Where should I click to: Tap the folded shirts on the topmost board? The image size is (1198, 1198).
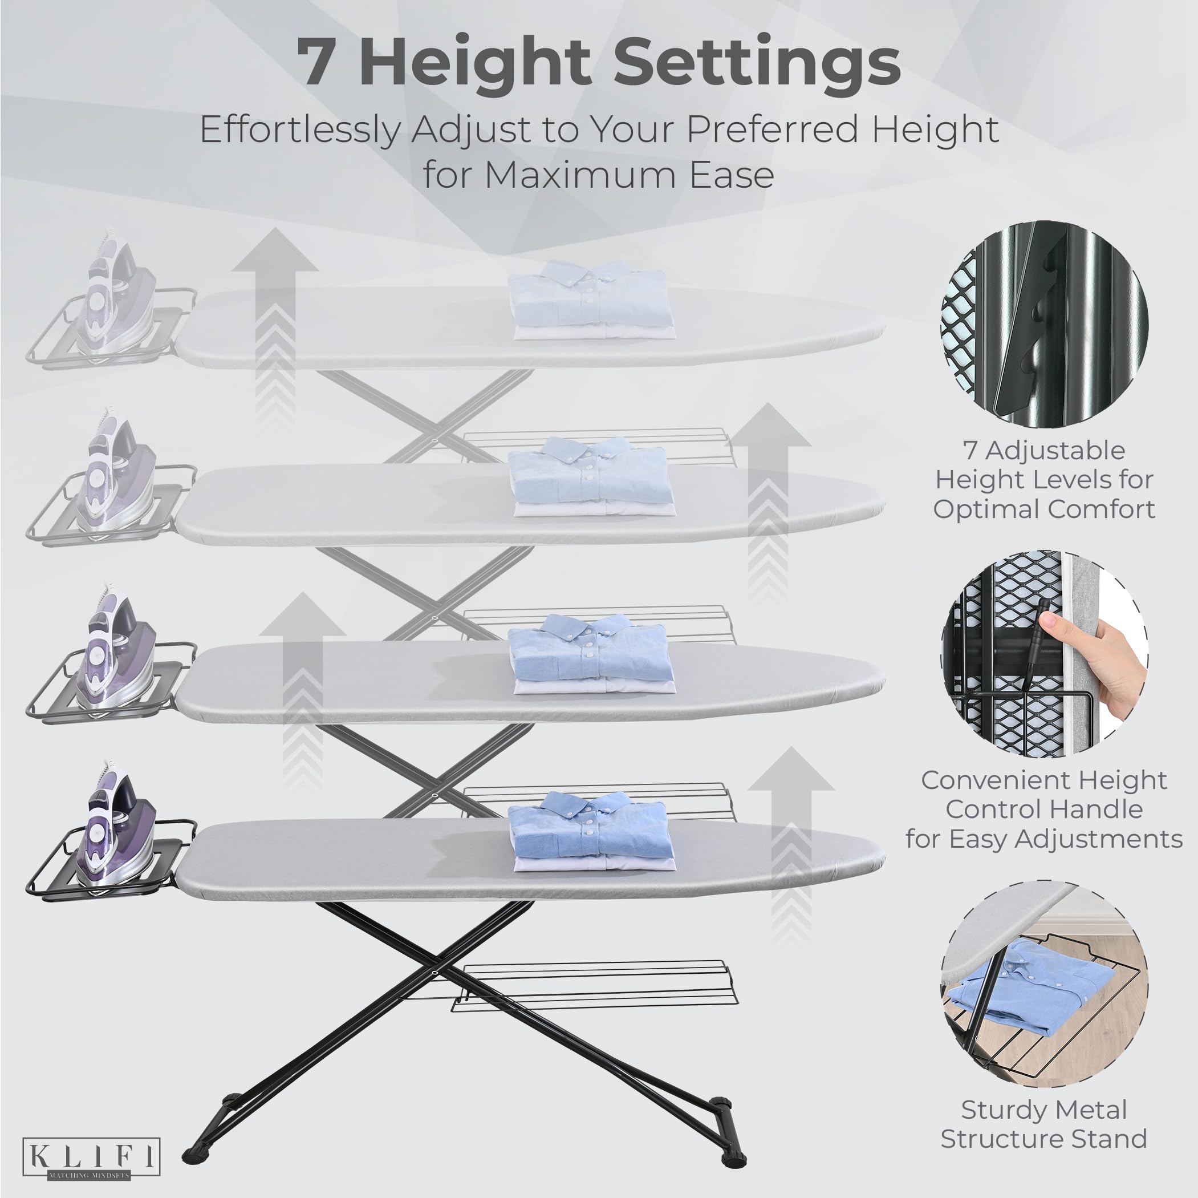tap(590, 299)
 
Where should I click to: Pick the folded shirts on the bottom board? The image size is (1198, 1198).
tap(590, 832)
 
